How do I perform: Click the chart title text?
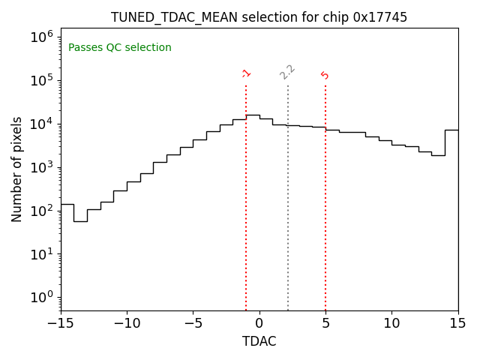259,17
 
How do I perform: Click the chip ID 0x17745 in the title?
380,17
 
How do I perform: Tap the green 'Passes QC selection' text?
120,48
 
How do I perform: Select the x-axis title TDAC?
259,341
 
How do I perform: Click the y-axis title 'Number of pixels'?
17,169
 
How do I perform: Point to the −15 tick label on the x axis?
61,323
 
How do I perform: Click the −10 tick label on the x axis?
127,323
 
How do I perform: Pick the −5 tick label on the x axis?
193,323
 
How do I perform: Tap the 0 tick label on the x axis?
259,323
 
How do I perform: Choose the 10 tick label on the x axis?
391,323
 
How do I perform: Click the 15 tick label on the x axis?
457,323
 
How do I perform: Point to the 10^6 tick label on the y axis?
40,37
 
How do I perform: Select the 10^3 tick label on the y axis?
40,166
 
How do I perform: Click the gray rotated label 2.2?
287,72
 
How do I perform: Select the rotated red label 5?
325,75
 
